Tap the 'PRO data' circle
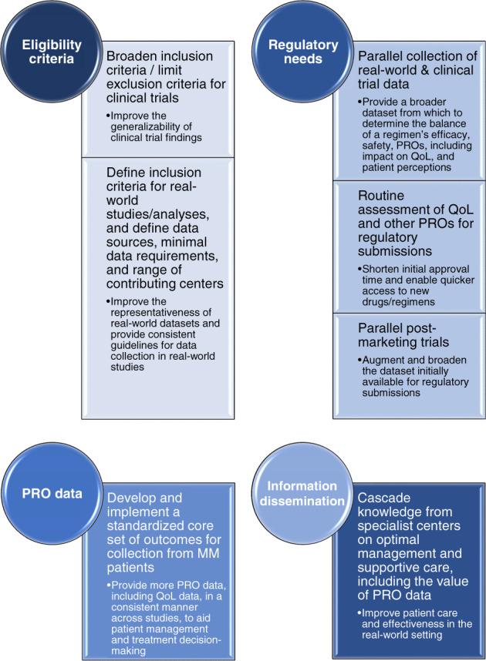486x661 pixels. pos(51,494)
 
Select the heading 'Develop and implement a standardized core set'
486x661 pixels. pos(164,524)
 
